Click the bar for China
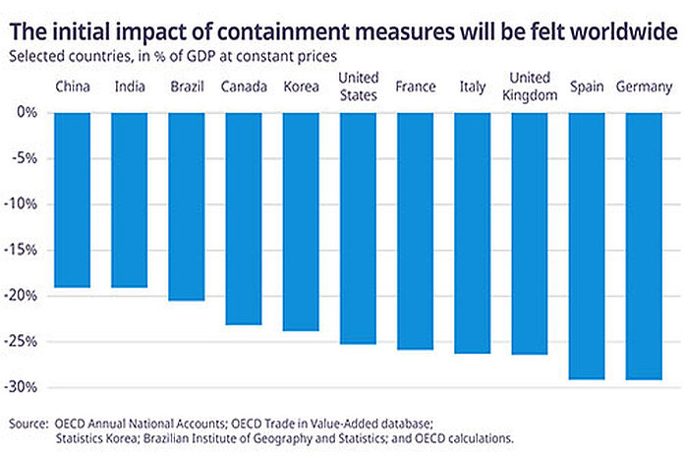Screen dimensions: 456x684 pos(73,200)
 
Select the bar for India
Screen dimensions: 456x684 pos(130,200)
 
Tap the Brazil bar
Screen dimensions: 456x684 pos(187,206)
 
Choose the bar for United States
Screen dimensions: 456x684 pos(358,229)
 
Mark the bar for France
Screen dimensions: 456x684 pos(415,232)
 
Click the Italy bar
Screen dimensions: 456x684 pos(472,234)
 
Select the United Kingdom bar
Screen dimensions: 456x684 pos(529,234)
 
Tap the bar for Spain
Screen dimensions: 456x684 pos(586,247)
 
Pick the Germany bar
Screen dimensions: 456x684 pos(643,247)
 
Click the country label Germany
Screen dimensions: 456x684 pos(643,87)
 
